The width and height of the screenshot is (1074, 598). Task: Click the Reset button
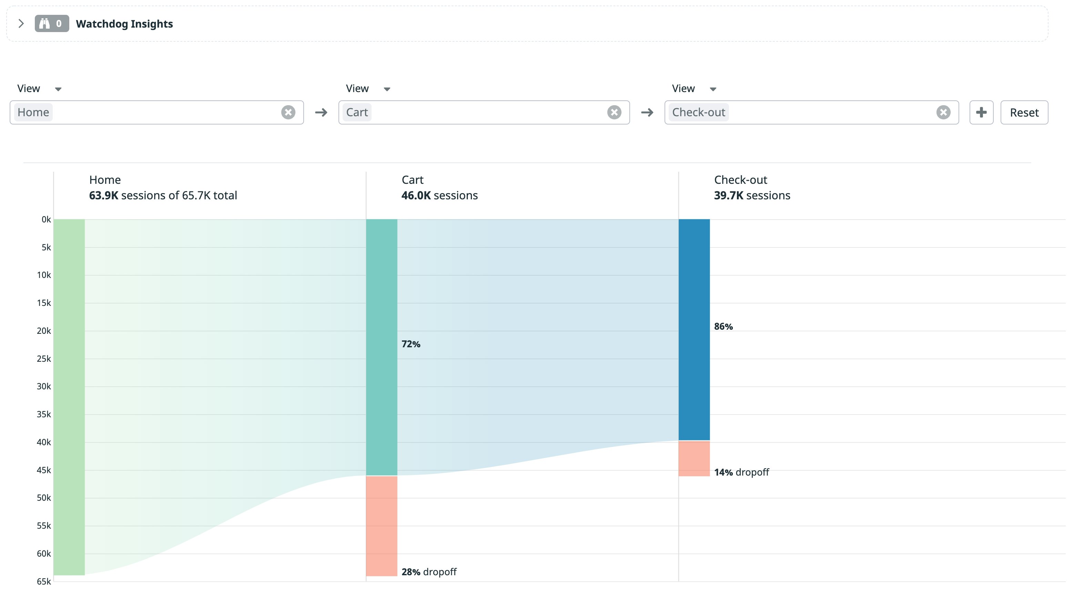(x=1024, y=112)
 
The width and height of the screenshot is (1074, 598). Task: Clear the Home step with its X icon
(x=288, y=112)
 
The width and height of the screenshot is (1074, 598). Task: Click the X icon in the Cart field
(x=614, y=112)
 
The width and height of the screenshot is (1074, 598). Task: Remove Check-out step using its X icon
(x=943, y=112)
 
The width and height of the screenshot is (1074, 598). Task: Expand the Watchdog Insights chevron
(x=21, y=23)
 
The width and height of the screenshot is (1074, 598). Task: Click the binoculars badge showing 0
(x=52, y=23)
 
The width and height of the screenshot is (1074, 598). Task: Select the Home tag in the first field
(x=33, y=112)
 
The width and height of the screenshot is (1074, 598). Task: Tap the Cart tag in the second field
(x=357, y=112)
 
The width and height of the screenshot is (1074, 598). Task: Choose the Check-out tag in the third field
(x=698, y=112)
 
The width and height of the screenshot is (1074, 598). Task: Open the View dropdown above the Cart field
(x=368, y=89)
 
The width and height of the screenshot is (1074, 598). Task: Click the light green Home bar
(x=69, y=397)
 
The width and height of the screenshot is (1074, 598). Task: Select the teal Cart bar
(x=382, y=346)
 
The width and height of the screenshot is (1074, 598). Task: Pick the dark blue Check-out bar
(x=694, y=330)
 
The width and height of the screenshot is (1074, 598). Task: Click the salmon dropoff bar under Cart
(x=382, y=526)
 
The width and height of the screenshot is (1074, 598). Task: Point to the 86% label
(x=723, y=326)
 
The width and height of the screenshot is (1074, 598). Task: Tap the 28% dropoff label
(x=428, y=572)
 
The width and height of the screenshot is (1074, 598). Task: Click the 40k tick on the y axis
(x=44, y=442)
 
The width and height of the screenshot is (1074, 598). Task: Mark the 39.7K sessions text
(x=752, y=195)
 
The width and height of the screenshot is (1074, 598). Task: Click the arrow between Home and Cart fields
(x=321, y=112)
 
